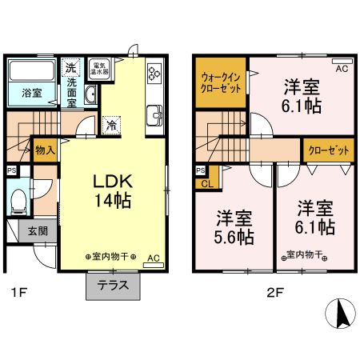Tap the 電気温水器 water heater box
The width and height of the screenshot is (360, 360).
tap(100, 70)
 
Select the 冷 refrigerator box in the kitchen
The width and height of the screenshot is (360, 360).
tap(112, 124)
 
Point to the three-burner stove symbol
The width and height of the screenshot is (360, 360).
tap(154, 74)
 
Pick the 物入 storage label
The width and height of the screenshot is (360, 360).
tap(45, 150)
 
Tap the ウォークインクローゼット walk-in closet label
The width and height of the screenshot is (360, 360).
tap(220, 82)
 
